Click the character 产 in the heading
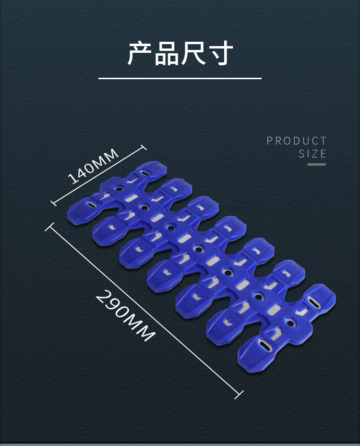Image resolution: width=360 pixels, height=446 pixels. point(140,53)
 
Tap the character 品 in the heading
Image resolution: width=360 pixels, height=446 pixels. point(167,53)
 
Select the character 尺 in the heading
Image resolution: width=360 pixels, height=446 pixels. point(193,53)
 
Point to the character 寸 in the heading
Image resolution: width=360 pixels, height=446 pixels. point(220,53)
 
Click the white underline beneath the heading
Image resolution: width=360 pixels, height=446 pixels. point(180,78)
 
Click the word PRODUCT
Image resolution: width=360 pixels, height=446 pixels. point(297,141)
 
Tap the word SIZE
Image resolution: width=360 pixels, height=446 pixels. point(312,154)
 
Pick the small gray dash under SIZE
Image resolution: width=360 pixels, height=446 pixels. point(316,164)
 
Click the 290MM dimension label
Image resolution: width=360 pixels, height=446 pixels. point(125,315)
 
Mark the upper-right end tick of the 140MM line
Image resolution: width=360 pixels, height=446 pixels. point(143,148)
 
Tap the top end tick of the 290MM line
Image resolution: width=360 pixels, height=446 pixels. point(49,226)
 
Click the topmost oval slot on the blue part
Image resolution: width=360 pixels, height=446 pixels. point(144,172)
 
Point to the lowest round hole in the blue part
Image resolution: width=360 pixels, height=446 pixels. point(289,323)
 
